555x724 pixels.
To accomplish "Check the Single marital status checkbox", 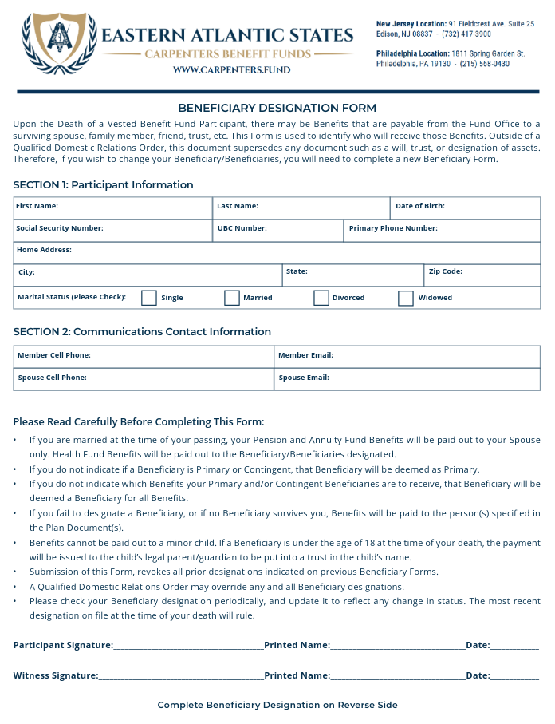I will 149,298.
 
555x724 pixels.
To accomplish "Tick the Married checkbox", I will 232,298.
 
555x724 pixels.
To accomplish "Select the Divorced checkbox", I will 321,298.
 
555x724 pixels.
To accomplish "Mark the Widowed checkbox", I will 406,298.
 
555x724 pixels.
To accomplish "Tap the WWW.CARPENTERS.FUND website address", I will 231,69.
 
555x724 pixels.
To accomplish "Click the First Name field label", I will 37,206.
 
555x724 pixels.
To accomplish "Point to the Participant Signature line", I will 188,645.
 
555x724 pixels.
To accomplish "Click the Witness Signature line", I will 181,676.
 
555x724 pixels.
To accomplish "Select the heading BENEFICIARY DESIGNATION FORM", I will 277,108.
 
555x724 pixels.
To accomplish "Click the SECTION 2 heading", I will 142,331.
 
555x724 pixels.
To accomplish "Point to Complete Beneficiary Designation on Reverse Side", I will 277,705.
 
